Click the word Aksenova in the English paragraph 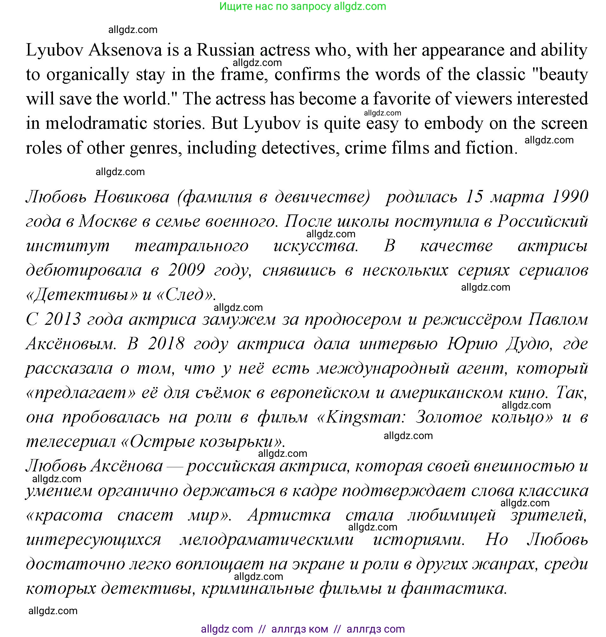[125, 50]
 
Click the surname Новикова [131, 197]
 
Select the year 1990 [570, 197]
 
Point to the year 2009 [186, 270]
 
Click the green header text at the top [303, 6]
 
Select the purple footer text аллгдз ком [300, 629]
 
